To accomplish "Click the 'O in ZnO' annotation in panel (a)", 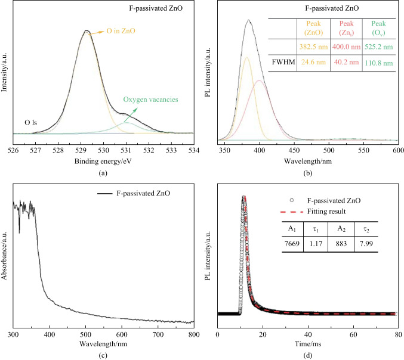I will tap(123, 32).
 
